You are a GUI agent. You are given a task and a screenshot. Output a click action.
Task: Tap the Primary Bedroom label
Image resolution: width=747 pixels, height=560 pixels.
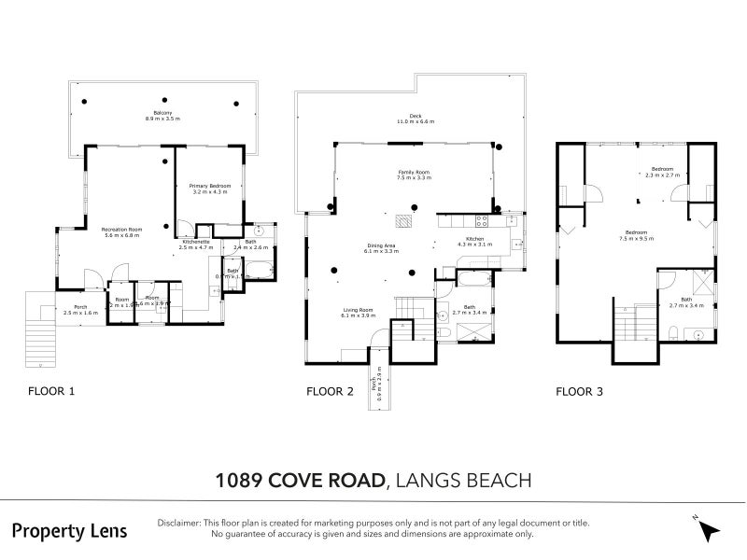pyautogui.click(x=209, y=189)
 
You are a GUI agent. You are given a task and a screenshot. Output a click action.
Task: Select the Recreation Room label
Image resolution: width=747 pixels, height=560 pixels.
pyautogui.click(x=121, y=232)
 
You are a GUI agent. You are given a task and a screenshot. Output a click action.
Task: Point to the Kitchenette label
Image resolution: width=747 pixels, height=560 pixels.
pyautogui.click(x=195, y=245)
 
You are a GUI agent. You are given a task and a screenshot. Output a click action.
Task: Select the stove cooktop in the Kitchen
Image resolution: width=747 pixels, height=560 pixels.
pyautogui.click(x=482, y=222)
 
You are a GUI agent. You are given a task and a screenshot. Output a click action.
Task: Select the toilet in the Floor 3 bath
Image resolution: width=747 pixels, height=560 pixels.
pyautogui.click(x=673, y=332)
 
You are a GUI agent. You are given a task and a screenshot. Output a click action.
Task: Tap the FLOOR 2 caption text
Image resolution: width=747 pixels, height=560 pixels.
pyautogui.click(x=330, y=392)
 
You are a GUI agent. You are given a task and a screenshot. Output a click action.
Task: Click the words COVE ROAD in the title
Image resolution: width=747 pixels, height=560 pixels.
pyautogui.click(x=326, y=481)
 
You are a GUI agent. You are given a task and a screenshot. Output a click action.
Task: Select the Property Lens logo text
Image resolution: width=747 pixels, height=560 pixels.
pyautogui.click(x=69, y=530)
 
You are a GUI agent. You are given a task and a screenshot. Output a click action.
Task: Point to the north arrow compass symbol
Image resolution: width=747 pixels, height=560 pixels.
pyautogui.click(x=709, y=529)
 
